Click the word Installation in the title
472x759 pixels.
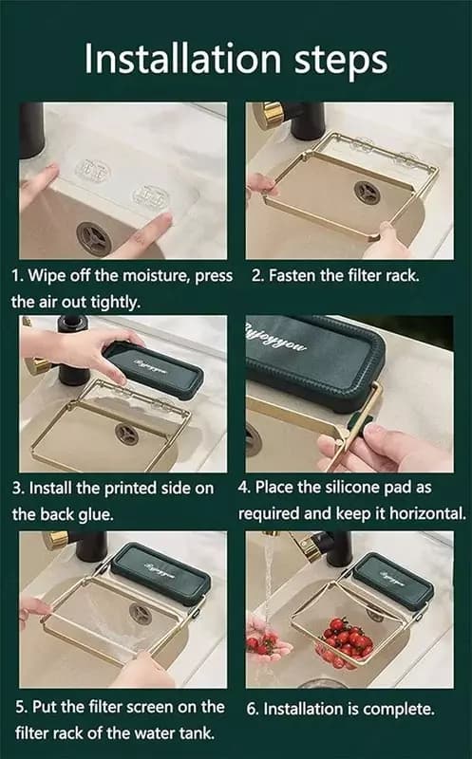(x=182, y=59)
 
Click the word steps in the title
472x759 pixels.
(x=341, y=62)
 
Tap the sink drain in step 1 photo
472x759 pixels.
(x=94, y=238)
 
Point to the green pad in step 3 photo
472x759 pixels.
(x=153, y=369)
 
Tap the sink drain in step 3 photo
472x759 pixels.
(x=127, y=435)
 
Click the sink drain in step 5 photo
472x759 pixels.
(x=141, y=614)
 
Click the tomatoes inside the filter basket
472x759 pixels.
(x=348, y=639)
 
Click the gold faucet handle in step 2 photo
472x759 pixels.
(x=268, y=114)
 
